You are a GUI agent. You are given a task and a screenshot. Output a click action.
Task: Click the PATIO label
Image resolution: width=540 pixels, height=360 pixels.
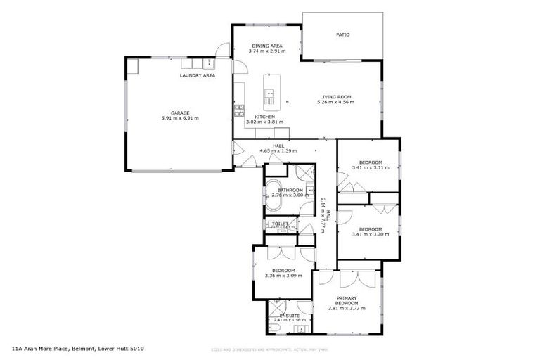(342, 34)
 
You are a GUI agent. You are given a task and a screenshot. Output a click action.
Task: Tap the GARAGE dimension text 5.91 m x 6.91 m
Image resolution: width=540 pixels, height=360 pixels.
(180, 118)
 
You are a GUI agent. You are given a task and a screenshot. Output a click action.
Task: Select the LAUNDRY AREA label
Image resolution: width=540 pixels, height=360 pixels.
(198, 75)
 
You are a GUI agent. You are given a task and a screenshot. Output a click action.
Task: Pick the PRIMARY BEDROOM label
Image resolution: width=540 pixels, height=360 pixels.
(347, 301)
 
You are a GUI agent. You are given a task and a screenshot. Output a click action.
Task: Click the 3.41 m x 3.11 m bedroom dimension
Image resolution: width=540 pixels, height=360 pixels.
(370, 168)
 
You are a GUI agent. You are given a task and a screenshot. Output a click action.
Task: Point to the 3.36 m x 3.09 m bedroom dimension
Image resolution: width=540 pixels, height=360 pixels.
(283, 276)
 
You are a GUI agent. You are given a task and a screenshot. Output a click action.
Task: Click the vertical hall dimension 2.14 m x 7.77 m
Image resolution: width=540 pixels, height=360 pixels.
(323, 211)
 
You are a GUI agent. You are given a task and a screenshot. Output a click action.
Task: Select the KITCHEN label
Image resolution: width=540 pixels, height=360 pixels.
(264, 117)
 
